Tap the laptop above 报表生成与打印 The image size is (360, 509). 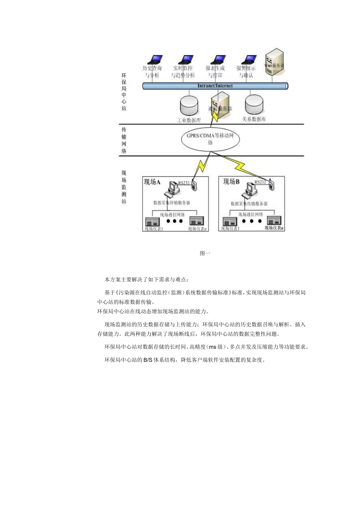click(218, 60)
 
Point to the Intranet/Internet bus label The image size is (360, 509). click(215, 86)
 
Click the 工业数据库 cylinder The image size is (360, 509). click(189, 106)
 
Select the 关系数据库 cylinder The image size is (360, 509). click(254, 105)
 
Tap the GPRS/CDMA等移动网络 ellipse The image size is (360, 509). click(210, 139)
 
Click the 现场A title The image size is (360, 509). click(152, 182)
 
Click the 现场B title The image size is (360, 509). click(231, 182)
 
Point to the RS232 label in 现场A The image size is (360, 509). click(184, 183)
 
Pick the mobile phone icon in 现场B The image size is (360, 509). click(271, 184)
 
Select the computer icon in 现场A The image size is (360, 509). click(174, 188)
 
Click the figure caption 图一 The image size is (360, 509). click(205, 253)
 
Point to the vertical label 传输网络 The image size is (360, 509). click(124, 140)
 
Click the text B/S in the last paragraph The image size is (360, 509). click(148, 360)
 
